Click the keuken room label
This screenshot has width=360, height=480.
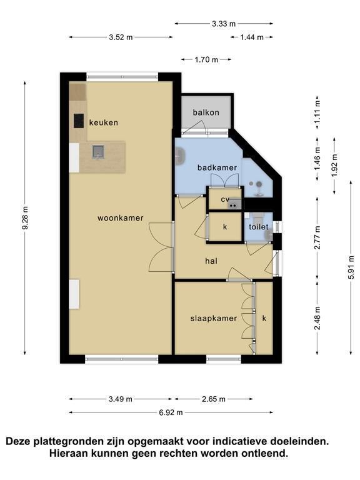tap(104, 122)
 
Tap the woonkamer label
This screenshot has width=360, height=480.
tap(120, 218)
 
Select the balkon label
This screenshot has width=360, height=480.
tap(206, 112)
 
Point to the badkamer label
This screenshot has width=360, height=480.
tap(217, 167)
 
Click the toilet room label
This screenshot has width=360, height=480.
tap(259, 227)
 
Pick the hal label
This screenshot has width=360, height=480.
tap(211, 261)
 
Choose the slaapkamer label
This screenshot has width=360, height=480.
tap(214, 318)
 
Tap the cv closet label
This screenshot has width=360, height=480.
tap(225, 199)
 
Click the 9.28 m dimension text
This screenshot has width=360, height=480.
tap(26, 217)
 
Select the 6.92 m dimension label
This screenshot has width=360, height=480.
tap(171, 412)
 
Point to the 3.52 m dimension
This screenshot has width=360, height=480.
tap(121, 37)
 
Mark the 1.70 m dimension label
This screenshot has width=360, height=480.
tap(206, 59)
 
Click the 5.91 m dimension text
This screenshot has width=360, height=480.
tap(351, 267)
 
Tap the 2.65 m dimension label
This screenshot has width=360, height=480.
tap(214, 399)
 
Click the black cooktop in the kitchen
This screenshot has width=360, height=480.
tap(79, 121)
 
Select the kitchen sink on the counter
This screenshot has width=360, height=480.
tap(98, 152)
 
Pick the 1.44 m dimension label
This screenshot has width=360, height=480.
tap(252, 37)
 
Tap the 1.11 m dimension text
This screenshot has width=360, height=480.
tap(317, 112)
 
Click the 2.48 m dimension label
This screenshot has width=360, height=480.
tap(317, 318)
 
